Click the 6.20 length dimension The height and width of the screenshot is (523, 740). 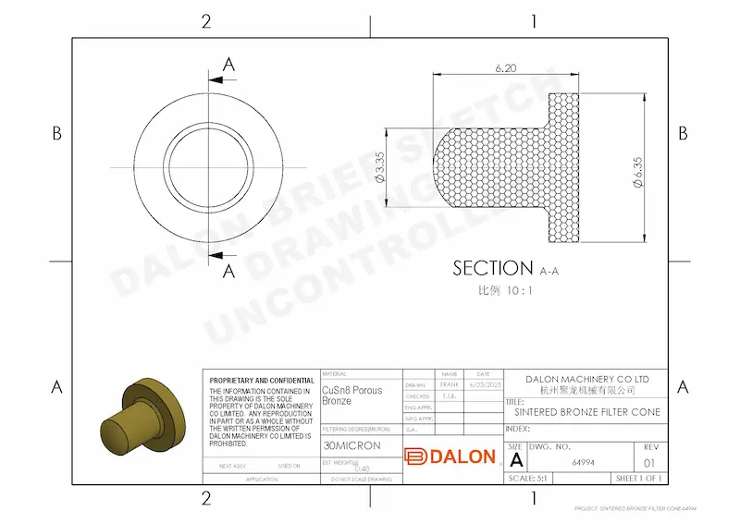coord(505,68)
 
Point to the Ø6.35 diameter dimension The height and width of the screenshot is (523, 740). coord(637,173)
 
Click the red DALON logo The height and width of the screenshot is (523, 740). coord(450,456)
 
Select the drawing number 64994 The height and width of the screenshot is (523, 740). coord(583,459)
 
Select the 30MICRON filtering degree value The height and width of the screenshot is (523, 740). coord(351,445)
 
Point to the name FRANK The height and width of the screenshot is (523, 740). coord(450,384)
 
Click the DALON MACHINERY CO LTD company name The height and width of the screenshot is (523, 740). coord(587,380)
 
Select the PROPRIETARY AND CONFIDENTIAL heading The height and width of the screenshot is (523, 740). coord(262,381)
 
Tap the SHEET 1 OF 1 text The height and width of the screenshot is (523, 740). coord(640,478)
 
